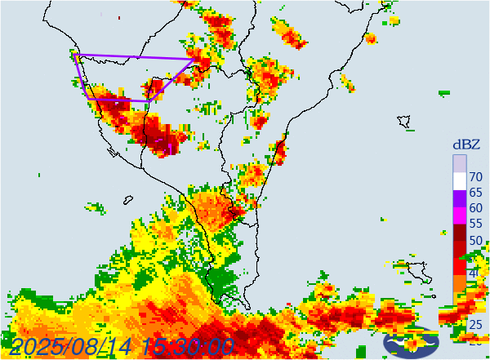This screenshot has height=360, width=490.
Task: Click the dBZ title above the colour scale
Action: [466, 144]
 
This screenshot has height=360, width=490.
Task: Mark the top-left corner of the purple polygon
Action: [74, 56]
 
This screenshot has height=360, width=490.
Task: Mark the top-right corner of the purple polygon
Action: [195, 58]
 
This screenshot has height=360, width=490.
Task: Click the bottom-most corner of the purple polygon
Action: [149, 100]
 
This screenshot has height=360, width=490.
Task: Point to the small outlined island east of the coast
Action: [403, 122]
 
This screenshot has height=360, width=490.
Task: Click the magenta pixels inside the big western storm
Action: [171, 144]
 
